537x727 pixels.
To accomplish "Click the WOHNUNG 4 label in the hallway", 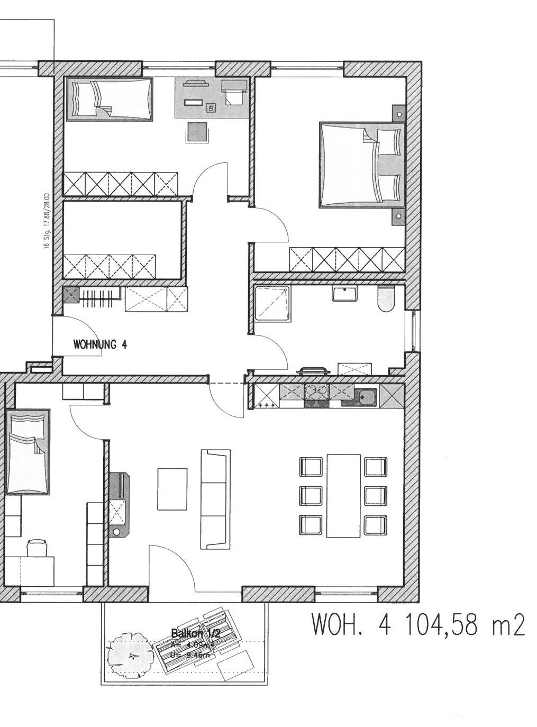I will [x=100, y=344].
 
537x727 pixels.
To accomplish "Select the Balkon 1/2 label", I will [x=195, y=633].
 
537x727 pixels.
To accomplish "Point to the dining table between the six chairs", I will [x=343, y=495].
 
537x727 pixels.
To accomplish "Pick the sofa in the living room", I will [x=215, y=499].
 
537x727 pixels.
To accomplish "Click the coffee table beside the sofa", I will [x=172, y=489].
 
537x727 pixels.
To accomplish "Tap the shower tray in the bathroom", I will [x=272, y=303].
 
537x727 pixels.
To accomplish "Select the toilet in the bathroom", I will [x=386, y=299].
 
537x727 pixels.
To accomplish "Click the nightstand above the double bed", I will [x=398, y=113].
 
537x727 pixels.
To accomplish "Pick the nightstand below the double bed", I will [x=398, y=216].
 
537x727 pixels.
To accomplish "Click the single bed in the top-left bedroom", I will [x=109, y=99].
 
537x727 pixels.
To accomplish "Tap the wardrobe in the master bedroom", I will [x=347, y=260].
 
